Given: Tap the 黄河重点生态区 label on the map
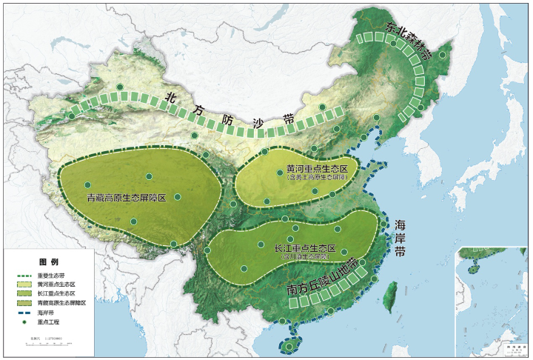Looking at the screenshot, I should (312, 170).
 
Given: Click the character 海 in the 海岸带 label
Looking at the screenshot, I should (400, 225).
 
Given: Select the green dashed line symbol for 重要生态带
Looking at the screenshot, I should (24, 276).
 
